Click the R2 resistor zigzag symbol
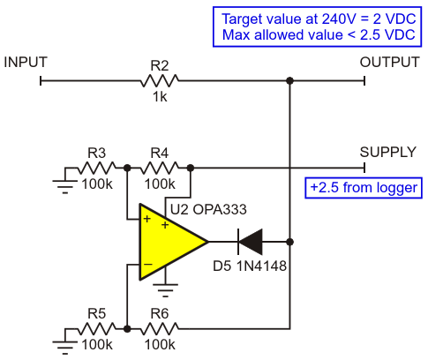pyautogui.click(x=160, y=80)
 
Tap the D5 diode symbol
pyautogui.click(x=250, y=242)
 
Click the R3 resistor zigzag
pyautogui.click(x=97, y=168)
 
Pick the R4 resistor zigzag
pyautogui.click(x=160, y=168)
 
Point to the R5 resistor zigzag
pyautogui.click(x=97, y=328)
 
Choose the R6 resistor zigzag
pyautogui.click(x=160, y=328)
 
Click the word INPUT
pyautogui.click(x=26, y=62)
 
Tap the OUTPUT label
pyautogui.click(x=389, y=62)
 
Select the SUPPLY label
pyautogui.click(x=388, y=152)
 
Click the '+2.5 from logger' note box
pyautogui.click(x=364, y=188)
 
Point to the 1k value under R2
pyautogui.click(x=160, y=96)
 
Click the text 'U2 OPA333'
pyautogui.click(x=208, y=210)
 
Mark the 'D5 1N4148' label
pyautogui.click(x=250, y=266)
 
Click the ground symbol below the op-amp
pyautogui.click(x=165, y=290)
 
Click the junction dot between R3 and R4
pyautogui.click(x=127, y=168)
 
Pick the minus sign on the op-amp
pyautogui.click(x=147, y=264)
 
